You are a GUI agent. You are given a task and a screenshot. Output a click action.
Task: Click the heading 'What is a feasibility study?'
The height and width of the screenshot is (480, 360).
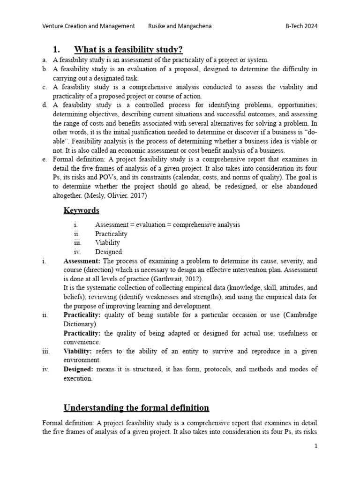tap(128, 50)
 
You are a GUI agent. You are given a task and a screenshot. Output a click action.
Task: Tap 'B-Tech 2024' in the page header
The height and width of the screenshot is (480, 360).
tap(301, 26)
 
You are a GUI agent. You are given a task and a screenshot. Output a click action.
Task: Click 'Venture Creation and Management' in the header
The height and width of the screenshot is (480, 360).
tap(89, 26)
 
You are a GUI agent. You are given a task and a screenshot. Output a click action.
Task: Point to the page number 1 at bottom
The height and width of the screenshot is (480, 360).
tap(316, 446)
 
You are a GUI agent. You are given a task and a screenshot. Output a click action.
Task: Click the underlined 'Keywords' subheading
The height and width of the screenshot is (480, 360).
tap(81, 210)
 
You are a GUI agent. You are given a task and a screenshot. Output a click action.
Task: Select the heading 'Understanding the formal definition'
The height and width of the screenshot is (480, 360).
tap(136, 407)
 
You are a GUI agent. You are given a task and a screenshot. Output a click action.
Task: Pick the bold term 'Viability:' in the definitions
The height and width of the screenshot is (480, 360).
tap(78, 351)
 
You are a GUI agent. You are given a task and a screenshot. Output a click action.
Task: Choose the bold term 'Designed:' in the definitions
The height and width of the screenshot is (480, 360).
tap(78, 369)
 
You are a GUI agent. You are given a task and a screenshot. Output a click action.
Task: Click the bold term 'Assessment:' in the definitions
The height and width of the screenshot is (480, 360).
tap(82, 261)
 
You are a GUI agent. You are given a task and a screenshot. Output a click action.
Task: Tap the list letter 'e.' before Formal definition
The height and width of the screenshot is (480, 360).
tap(45, 159)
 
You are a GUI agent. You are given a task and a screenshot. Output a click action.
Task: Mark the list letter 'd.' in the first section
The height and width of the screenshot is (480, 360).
tap(45, 105)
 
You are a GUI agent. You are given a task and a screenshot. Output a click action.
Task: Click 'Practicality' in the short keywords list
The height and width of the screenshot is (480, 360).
tap(111, 233)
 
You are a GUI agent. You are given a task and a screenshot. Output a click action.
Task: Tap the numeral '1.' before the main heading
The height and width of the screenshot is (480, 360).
tap(57, 50)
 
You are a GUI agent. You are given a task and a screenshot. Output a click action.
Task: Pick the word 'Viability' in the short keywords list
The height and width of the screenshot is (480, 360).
tap(107, 243)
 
